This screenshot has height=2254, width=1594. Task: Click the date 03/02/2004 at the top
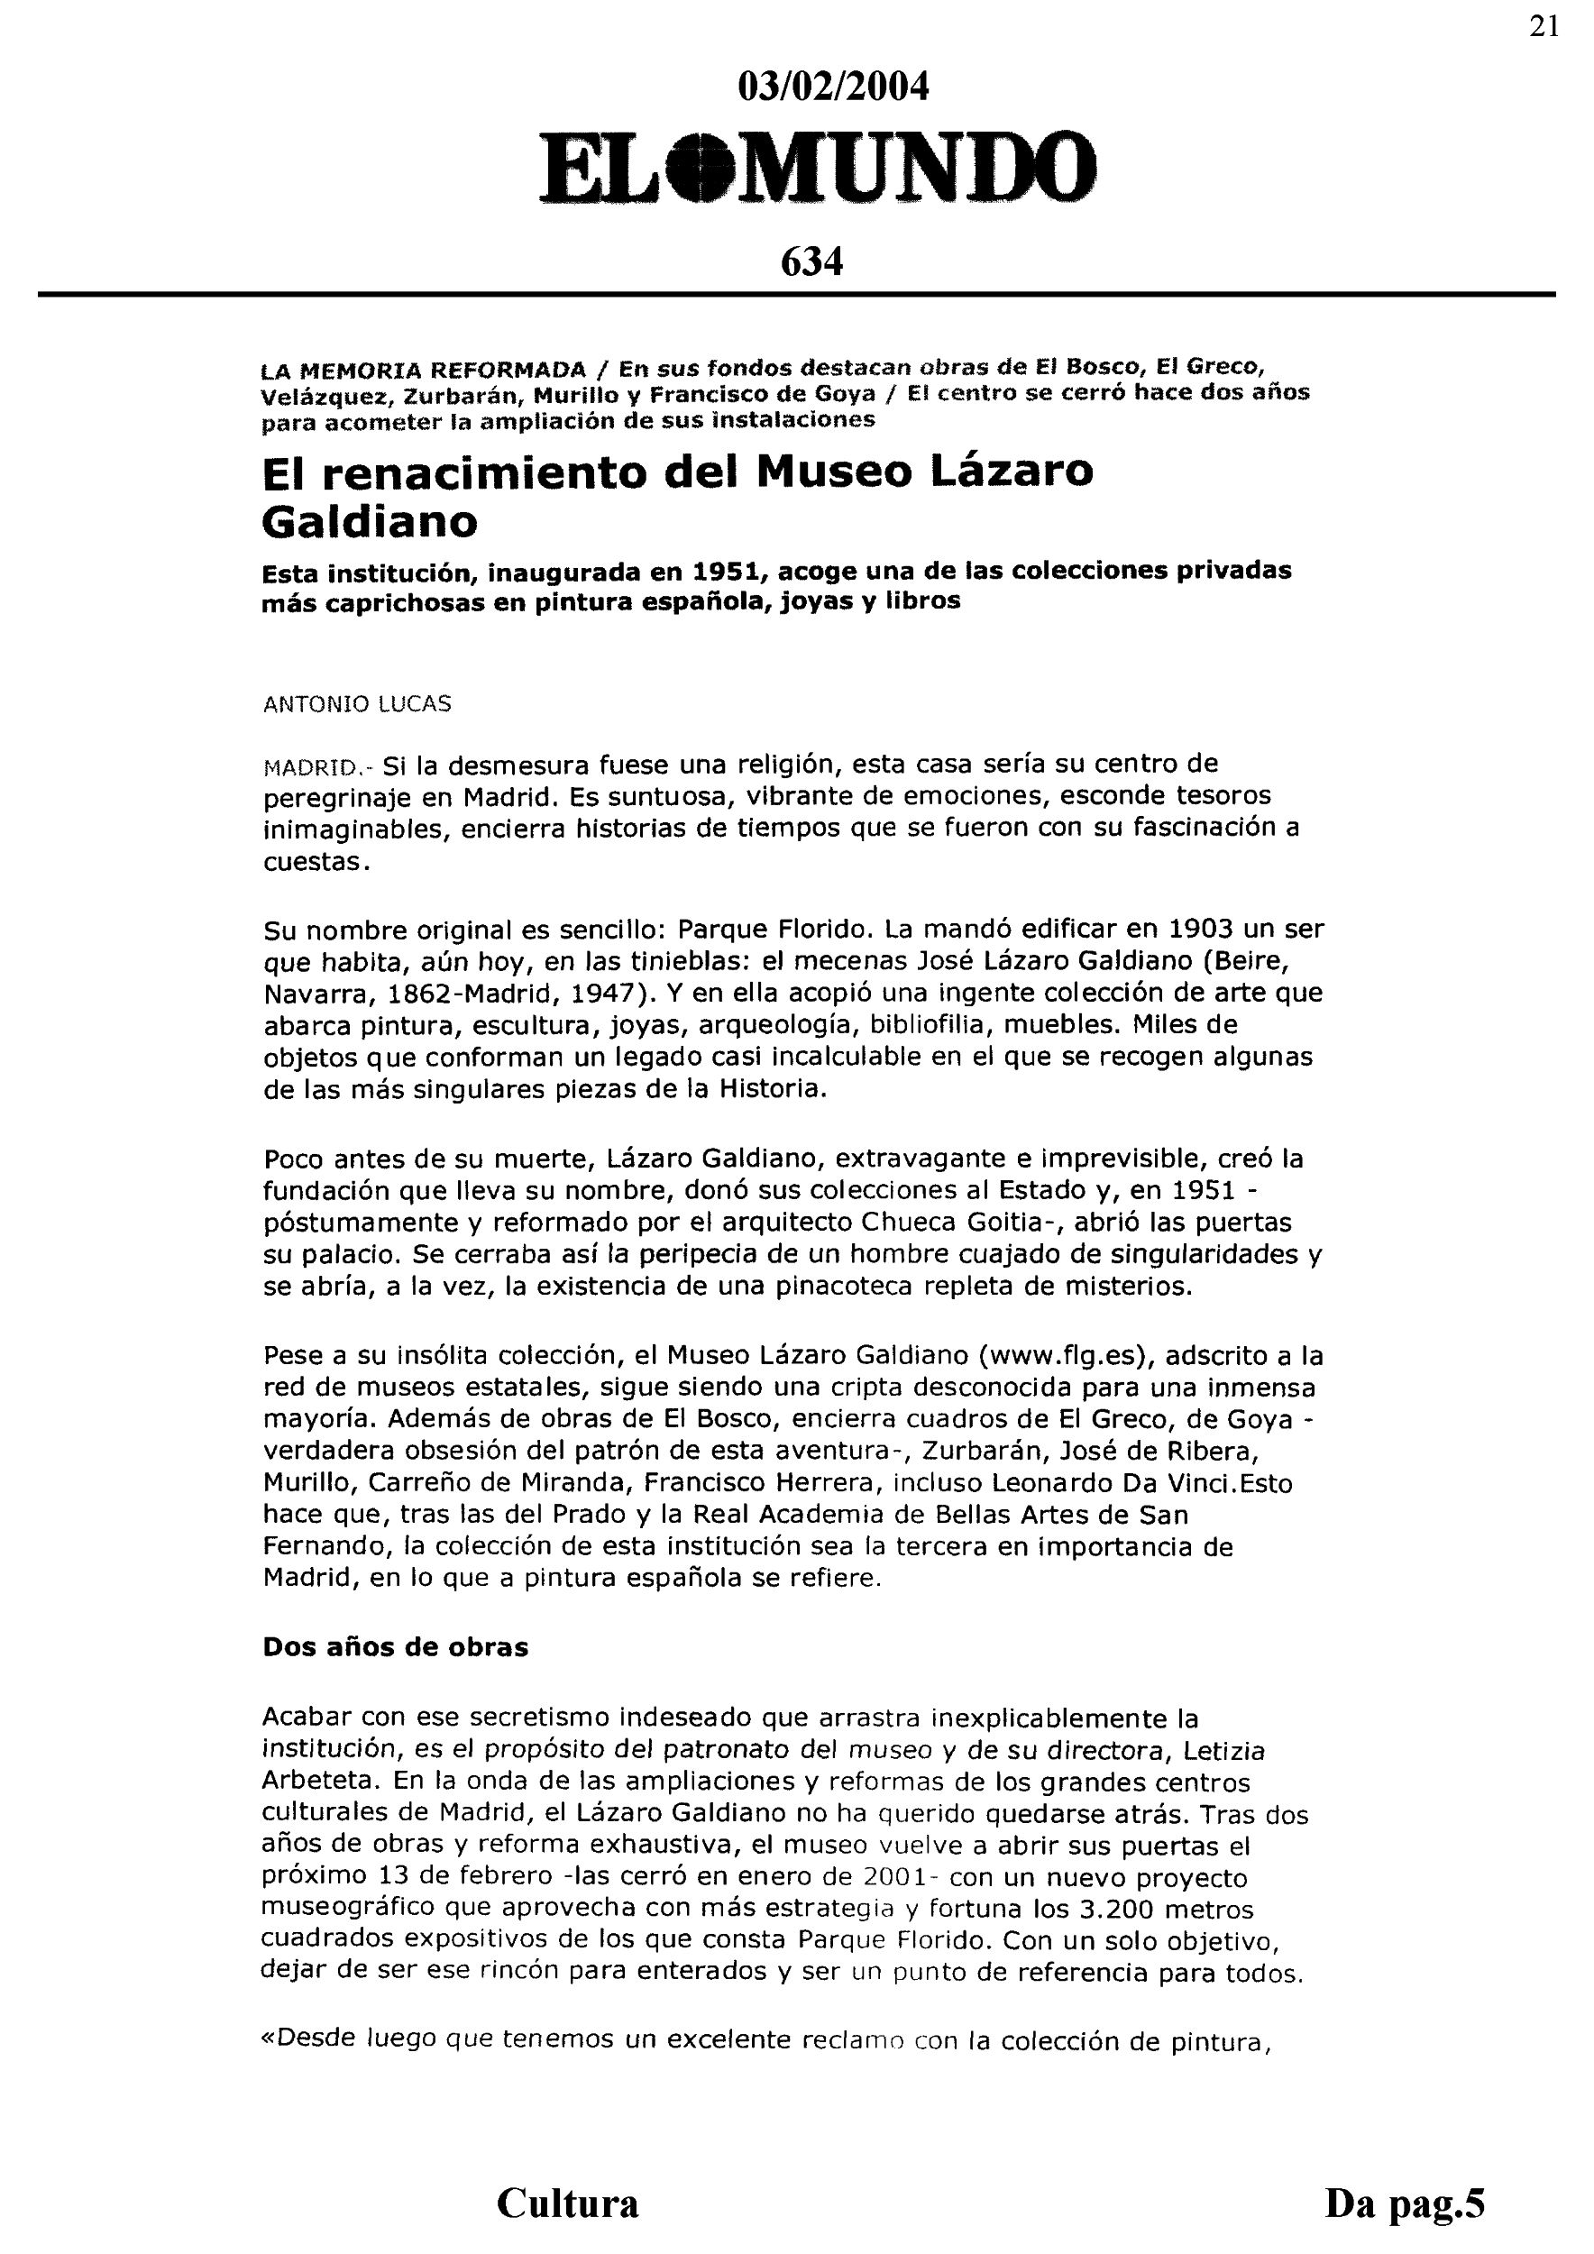click(832, 88)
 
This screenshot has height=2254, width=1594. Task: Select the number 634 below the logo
click(811, 262)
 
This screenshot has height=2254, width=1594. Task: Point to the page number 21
click(1544, 26)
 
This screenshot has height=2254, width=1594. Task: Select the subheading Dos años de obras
click(395, 1647)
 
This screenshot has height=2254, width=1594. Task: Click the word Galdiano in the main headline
click(369, 521)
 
